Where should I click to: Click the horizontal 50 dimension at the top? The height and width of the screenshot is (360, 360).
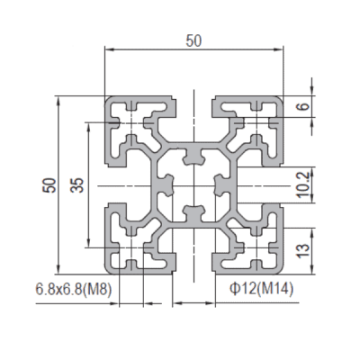pos(193,41)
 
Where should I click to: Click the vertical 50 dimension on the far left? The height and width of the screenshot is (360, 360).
pos(49,185)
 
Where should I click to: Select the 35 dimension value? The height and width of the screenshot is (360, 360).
pos(76,185)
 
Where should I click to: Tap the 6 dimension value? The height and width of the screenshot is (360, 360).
pos(304,106)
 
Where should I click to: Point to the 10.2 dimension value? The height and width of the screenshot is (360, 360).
pos(303,184)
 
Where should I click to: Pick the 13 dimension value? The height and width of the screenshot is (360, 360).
pos(303,251)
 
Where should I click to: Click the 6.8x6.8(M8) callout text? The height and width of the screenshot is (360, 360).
pos(74,290)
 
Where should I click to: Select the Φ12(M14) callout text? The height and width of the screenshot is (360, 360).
pos(261,290)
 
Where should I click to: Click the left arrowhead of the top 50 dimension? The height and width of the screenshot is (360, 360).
pos(109,49)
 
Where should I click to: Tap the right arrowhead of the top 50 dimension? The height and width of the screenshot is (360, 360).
pos(279,49)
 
